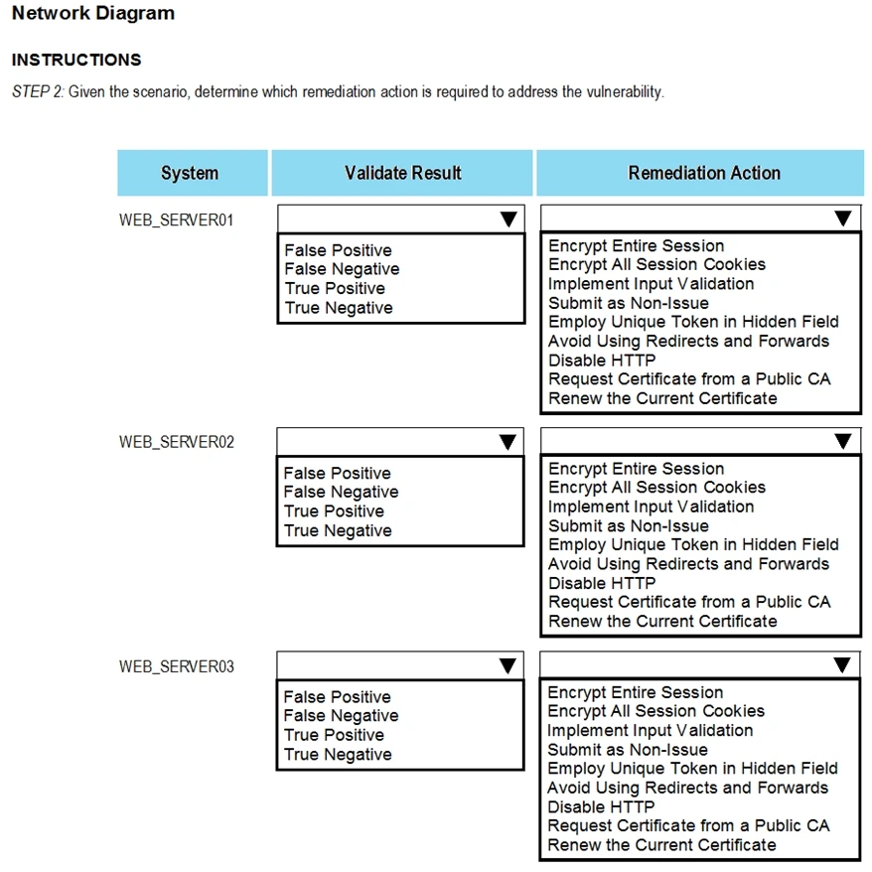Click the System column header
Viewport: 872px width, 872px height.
pyautogui.click(x=190, y=174)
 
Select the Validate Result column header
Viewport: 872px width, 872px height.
pyautogui.click(x=402, y=174)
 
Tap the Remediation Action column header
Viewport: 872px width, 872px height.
pyautogui.click(x=703, y=174)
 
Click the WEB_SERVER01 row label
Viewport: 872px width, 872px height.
pyautogui.click(x=177, y=219)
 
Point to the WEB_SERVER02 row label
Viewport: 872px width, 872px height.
pyautogui.click(x=177, y=442)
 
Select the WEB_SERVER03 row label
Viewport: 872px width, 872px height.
pyautogui.click(x=177, y=666)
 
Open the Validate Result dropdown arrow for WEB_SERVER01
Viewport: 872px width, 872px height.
pyautogui.click(x=508, y=219)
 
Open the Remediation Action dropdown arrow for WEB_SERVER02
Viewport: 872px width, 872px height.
pyautogui.click(x=842, y=442)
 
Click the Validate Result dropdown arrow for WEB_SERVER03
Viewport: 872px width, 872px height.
pyautogui.click(x=508, y=665)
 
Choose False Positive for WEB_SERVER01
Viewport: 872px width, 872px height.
pyautogui.click(x=338, y=250)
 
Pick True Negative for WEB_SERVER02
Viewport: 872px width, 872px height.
pyautogui.click(x=338, y=530)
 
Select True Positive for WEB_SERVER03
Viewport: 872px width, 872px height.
pyautogui.click(x=334, y=735)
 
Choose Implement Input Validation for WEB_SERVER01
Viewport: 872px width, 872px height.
pyautogui.click(x=651, y=284)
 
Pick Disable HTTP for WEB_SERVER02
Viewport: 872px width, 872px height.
pyautogui.click(x=602, y=583)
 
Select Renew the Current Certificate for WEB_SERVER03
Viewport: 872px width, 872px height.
pyautogui.click(x=661, y=845)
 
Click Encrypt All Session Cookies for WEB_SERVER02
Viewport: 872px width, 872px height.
pyautogui.click(x=656, y=488)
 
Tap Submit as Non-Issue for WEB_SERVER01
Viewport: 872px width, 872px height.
pyautogui.click(x=628, y=303)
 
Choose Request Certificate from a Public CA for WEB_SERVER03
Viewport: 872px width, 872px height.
pyautogui.click(x=688, y=826)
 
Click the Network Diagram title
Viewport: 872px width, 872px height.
pyautogui.click(x=93, y=14)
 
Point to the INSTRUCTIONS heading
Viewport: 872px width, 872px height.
pyautogui.click(x=76, y=60)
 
